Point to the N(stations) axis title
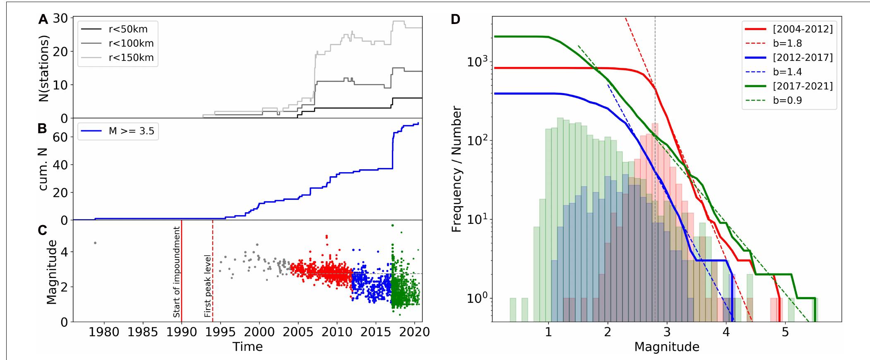point(44,68)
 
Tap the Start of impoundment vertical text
point(176,272)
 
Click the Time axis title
point(247,346)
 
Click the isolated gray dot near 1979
point(95,243)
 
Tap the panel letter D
point(456,19)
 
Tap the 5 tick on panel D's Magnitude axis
point(785,332)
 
